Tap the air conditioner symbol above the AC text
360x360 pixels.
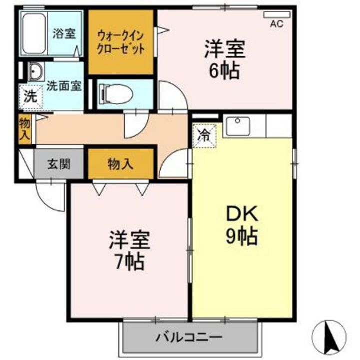[276, 15]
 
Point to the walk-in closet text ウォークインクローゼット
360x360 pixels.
[121, 43]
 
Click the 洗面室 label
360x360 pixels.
[64, 85]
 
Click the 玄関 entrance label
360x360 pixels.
[59, 163]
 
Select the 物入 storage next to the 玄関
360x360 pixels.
[120, 163]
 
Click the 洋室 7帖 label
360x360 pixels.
[128, 250]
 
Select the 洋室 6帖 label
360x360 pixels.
[223, 60]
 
